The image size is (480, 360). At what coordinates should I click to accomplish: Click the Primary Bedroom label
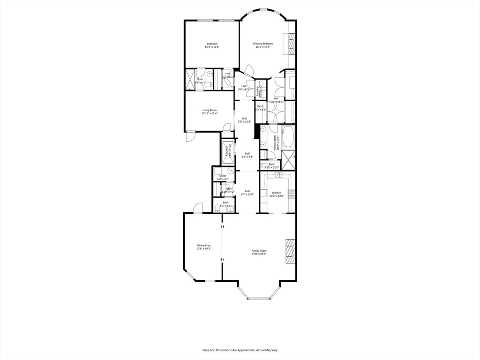click(x=263, y=44)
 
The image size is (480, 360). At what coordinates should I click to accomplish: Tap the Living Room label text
click(x=209, y=110)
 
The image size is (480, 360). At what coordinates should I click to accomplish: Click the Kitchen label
click(x=277, y=193)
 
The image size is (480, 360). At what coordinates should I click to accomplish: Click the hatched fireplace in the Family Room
click(x=291, y=253)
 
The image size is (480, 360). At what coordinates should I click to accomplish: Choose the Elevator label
click(x=228, y=151)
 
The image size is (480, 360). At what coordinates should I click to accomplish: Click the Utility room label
click(x=223, y=176)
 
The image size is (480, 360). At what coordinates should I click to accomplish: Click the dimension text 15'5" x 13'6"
click(x=212, y=47)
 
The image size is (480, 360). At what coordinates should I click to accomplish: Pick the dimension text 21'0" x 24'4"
click(x=259, y=254)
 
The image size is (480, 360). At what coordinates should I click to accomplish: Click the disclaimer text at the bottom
click(x=240, y=350)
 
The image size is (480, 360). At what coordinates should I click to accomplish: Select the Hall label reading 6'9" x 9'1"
click(x=247, y=156)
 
